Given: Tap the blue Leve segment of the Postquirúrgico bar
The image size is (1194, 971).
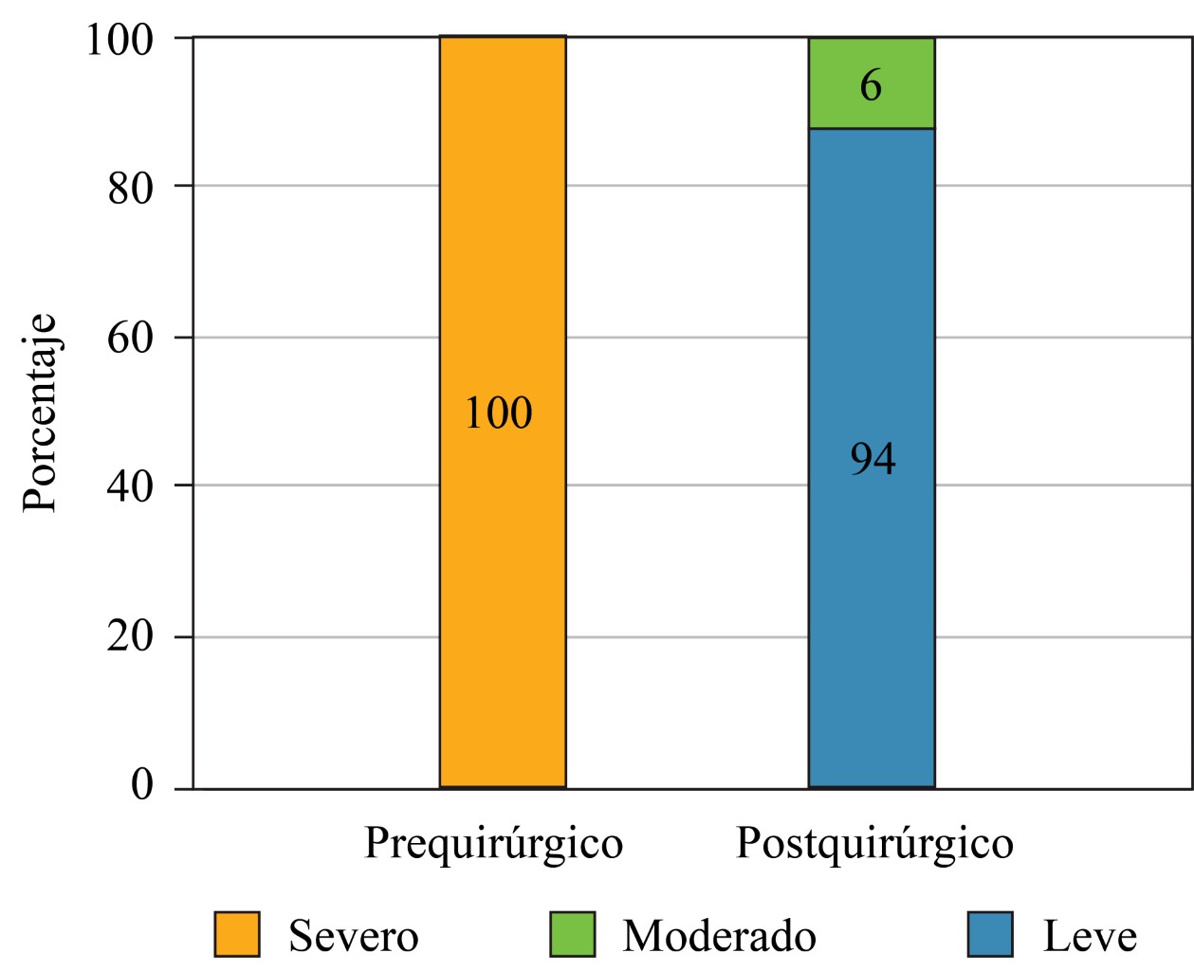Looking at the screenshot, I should [872, 616].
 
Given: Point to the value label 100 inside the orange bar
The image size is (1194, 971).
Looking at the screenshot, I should [498, 413].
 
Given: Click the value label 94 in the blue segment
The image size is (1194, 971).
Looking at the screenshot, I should [873, 459].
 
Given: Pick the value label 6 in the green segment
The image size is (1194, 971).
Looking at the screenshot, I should [871, 86].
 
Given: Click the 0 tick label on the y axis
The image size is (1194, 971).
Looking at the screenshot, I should [142, 785].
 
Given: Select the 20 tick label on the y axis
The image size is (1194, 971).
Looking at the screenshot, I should [130, 636].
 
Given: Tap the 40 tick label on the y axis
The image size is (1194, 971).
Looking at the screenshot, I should [130, 486].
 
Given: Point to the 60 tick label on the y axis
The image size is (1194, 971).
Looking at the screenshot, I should [130, 338].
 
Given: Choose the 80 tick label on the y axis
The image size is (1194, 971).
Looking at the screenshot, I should [130, 188].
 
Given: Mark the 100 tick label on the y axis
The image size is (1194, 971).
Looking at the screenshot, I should [119, 40].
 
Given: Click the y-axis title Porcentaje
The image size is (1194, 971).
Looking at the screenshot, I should [40, 413].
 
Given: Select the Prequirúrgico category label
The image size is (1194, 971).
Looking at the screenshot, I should [494, 844].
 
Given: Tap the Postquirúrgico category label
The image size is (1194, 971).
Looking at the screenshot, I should [874, 844].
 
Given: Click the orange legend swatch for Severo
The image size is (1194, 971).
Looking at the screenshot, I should [237, 935].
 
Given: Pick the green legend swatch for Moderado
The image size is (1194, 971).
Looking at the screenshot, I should [573, 935].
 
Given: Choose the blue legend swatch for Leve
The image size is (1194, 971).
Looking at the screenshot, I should [990, 935].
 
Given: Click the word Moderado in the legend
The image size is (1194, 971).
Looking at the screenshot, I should [719, 937].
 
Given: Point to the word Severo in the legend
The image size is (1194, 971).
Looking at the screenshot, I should [354, 937].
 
